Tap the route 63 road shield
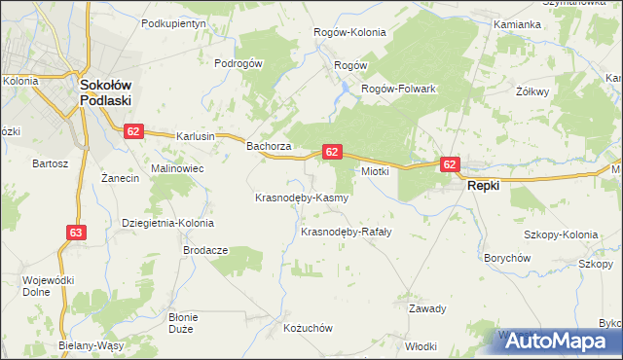pos(77,233)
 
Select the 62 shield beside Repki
pos(449,165)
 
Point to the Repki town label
pos(484,184)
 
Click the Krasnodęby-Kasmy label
pos(301,198)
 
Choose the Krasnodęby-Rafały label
pos(346,232)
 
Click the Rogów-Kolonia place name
pos(349,32)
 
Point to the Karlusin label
pos(195,137)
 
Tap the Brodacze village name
pos(205,250)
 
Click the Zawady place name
pos(427,308)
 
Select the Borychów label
pos(507,258)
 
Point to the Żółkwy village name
pos(531,91)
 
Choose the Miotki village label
pos(376,171)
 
